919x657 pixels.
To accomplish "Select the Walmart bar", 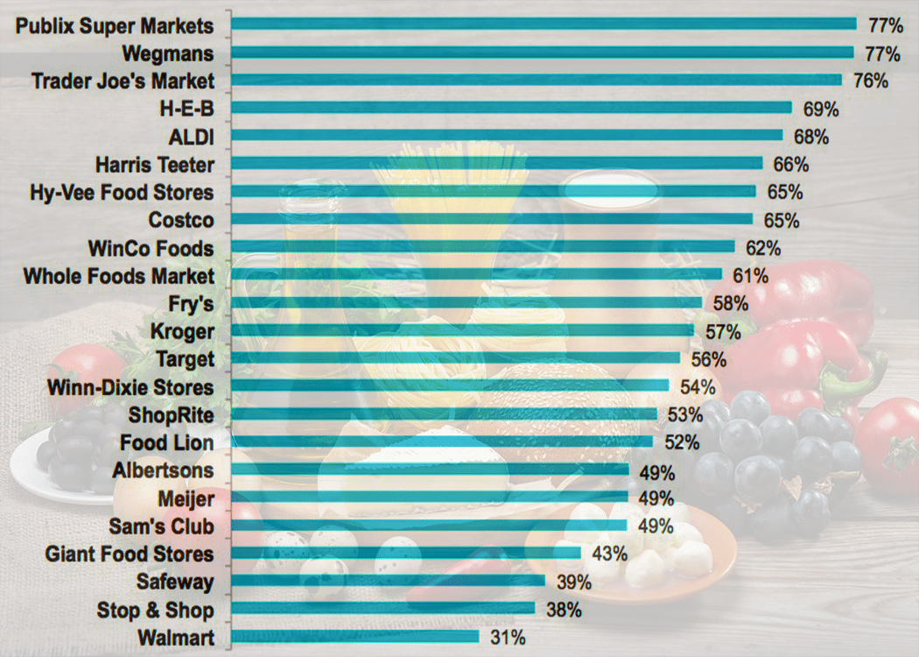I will point(355,638).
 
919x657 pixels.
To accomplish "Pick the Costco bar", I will point(493,220).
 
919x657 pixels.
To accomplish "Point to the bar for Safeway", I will point(389,582).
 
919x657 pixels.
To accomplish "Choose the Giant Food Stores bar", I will point(407,554).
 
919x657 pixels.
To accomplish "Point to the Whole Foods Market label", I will point(118,276).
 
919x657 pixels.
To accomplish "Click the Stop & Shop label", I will point(156,610).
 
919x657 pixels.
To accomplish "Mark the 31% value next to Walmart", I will point(508,638).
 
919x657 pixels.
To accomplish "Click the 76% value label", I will point(870,81).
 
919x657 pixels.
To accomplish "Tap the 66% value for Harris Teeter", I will point(790,164).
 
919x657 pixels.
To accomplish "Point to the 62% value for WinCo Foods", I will point(762,248).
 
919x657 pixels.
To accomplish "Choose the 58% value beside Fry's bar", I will point(730,304).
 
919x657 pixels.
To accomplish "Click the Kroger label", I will point(182,332).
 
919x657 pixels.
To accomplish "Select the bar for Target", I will point(456,359).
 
